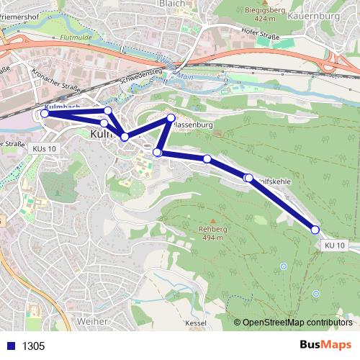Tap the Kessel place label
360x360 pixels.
[194, 323]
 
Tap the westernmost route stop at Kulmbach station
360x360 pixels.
[44, 113]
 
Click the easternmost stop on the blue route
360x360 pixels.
[315, 230]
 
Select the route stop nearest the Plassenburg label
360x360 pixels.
[171, 117]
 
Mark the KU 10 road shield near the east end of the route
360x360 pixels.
[335, 246]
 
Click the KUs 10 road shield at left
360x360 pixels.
[44, 148]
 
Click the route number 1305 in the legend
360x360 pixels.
[33, 346]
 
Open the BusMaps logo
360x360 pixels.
[325, 345]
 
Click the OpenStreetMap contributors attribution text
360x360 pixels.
[297, 322]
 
